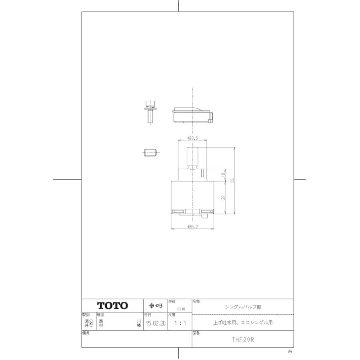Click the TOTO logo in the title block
tap(113, 306)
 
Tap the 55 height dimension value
tap(232, 180)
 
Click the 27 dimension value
tap(224, 197)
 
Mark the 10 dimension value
tap(224, 174)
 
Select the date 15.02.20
tap(155, 323)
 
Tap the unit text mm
tap(181, 309)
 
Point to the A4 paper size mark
tap(290, 351)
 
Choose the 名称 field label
tap(196, 300)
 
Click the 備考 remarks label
tap(86, 332)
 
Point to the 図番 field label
tap(196, 332)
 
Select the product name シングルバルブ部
tap(243, 307)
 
